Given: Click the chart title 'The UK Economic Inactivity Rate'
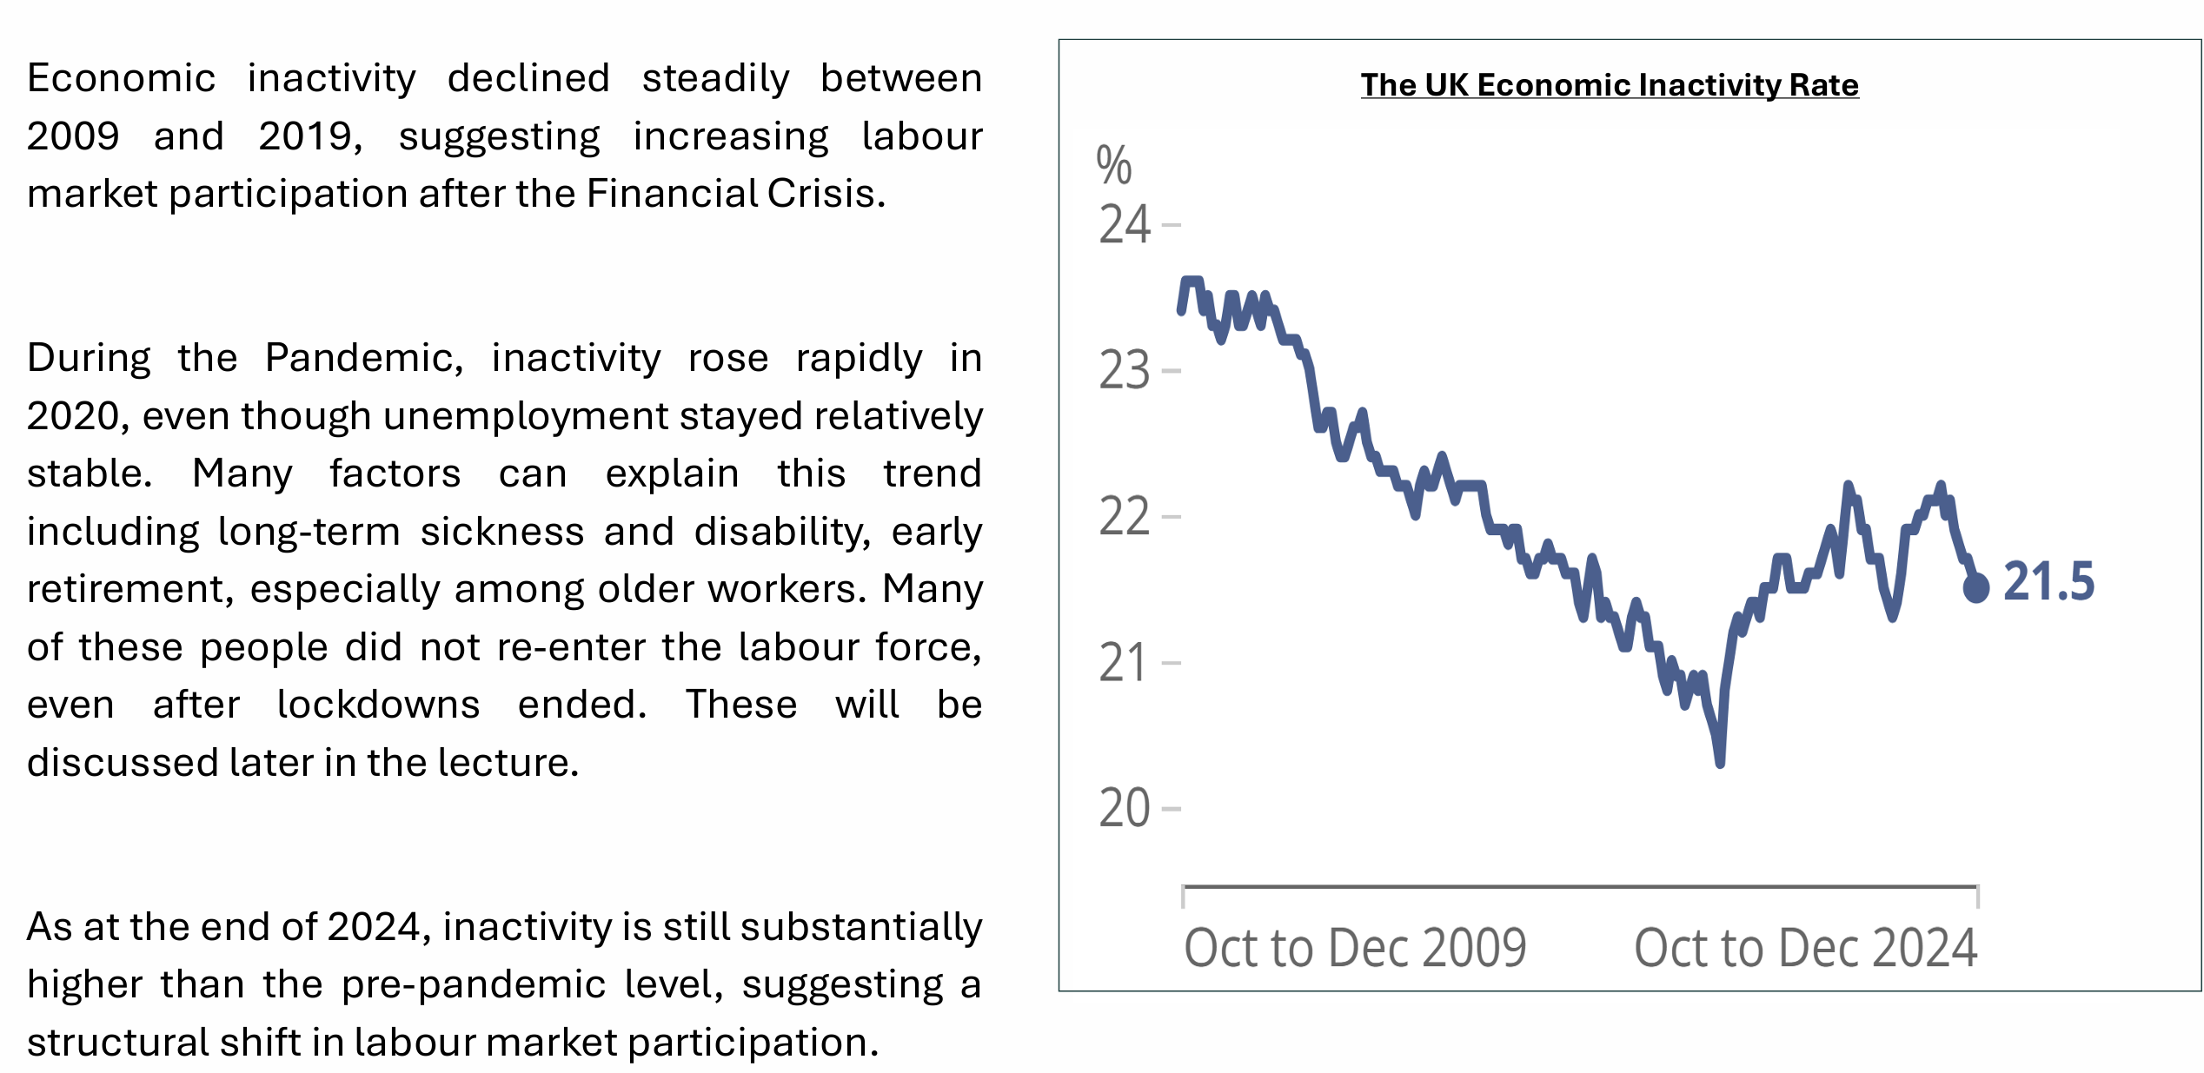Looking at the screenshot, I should click(1609, 85).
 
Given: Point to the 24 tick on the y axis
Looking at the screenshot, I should click(1125, 225).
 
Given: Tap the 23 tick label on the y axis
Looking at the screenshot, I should click(1125, 371).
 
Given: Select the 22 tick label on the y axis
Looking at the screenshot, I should click(1125, 517).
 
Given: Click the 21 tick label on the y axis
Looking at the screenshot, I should click(1125, 663).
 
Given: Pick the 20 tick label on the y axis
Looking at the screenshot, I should click(1125, 809).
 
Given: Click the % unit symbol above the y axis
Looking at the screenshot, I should click(1114, 165).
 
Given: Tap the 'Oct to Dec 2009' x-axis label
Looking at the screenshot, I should click(1355, 948).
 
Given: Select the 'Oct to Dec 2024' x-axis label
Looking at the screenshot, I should click(1805, 948).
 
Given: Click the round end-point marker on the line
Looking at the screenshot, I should click(1976, 588).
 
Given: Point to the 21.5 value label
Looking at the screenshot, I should click(2048, 582).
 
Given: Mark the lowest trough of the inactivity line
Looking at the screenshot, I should click(1720, 762).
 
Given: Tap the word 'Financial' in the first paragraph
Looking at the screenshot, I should click(671, 193).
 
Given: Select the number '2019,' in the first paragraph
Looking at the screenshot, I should click(310, 136).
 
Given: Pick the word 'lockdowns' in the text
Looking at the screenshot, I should click(378, 705).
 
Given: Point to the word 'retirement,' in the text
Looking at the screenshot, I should click(130, 590).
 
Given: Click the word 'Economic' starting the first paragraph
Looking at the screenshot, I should click(121, 78).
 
